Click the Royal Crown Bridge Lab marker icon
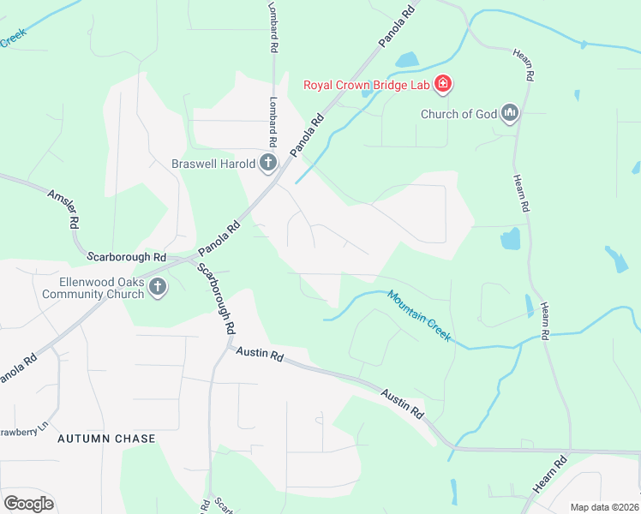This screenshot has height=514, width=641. click(443, 84)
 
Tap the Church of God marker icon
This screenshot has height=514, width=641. click(511, 113)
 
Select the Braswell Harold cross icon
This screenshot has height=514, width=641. click(268, 163)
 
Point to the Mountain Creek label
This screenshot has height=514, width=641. click(419, 315)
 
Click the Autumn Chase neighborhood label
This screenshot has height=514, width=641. click(106, 439)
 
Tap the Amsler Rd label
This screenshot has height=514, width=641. click(63, 209)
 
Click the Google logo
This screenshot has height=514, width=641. click(28, 503)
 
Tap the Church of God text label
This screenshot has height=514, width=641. click(458, 114)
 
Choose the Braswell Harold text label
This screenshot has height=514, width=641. click(213, 163)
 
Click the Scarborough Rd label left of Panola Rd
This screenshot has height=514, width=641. click(126, 256)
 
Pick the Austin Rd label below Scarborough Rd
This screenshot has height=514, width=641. click(259, 352)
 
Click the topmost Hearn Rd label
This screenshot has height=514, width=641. click(524, 64)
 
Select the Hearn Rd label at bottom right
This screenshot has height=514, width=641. click(548, 475)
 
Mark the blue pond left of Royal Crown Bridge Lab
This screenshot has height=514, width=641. click(406, 60)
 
